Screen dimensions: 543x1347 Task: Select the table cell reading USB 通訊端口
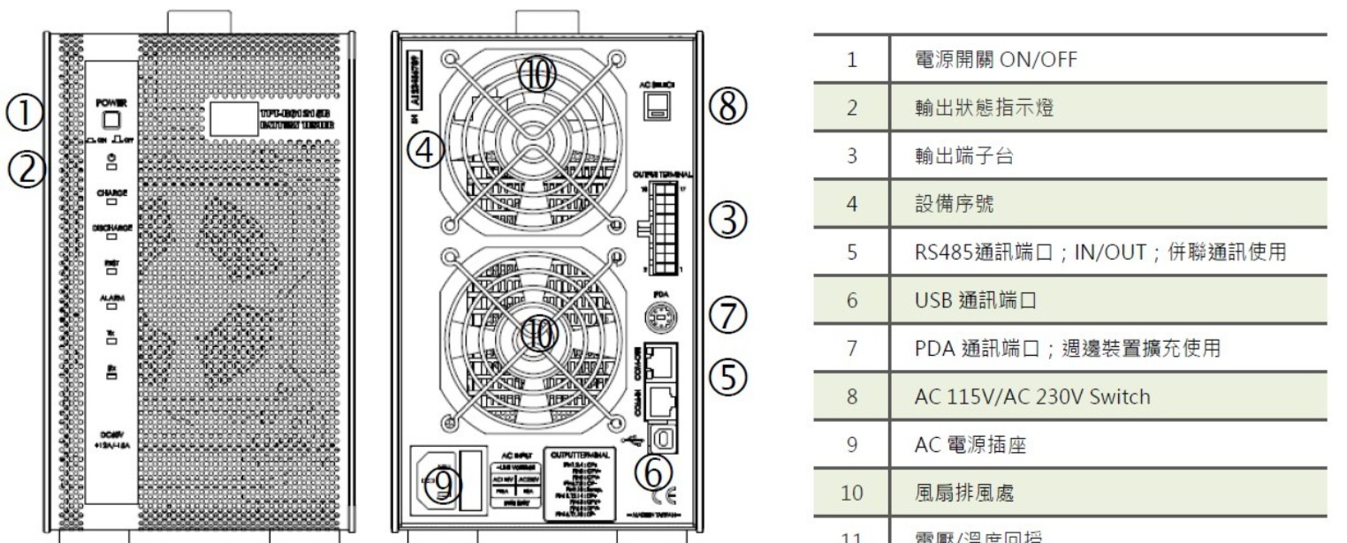(979, 300)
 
